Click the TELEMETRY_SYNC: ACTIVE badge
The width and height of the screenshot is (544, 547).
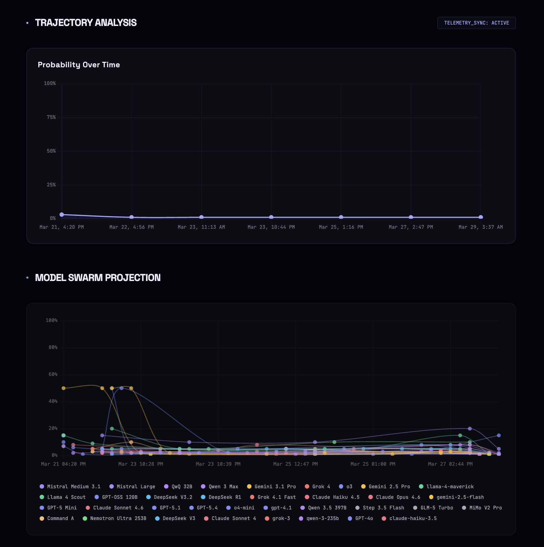click(476, 23)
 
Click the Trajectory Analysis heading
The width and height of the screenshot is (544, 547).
click(86, 23)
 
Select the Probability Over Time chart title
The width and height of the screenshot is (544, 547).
click(79, 65)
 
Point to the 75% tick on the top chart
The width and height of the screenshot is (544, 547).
click(51, 117)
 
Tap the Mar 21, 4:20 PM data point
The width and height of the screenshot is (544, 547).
click(62, 214)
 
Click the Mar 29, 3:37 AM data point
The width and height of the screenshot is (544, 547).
click(480, 217)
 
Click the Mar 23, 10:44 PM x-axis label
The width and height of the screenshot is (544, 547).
click(271, 227)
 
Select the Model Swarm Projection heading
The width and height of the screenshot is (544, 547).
click(98, 278)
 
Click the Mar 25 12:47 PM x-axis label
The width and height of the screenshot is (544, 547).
click(295, 464)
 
